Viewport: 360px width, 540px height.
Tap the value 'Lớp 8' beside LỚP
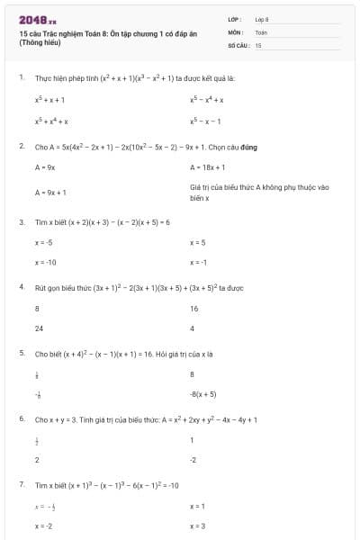(262, 19)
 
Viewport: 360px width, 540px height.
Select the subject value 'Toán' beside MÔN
(261, 31)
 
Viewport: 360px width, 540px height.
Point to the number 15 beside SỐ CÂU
(258, 44)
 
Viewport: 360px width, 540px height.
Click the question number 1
(21, 78)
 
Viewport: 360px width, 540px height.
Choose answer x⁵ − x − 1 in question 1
(205, 121)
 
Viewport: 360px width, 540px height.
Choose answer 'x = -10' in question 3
(46, 262)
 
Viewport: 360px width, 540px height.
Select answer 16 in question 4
(193, 308)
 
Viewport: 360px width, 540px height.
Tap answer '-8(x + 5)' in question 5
(203, 393)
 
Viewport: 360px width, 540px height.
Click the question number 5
(21, 353)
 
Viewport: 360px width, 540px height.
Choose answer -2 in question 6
(193, 459)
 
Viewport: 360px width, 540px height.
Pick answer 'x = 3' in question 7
(198, 526)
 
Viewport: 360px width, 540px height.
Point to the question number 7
(21, 484)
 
